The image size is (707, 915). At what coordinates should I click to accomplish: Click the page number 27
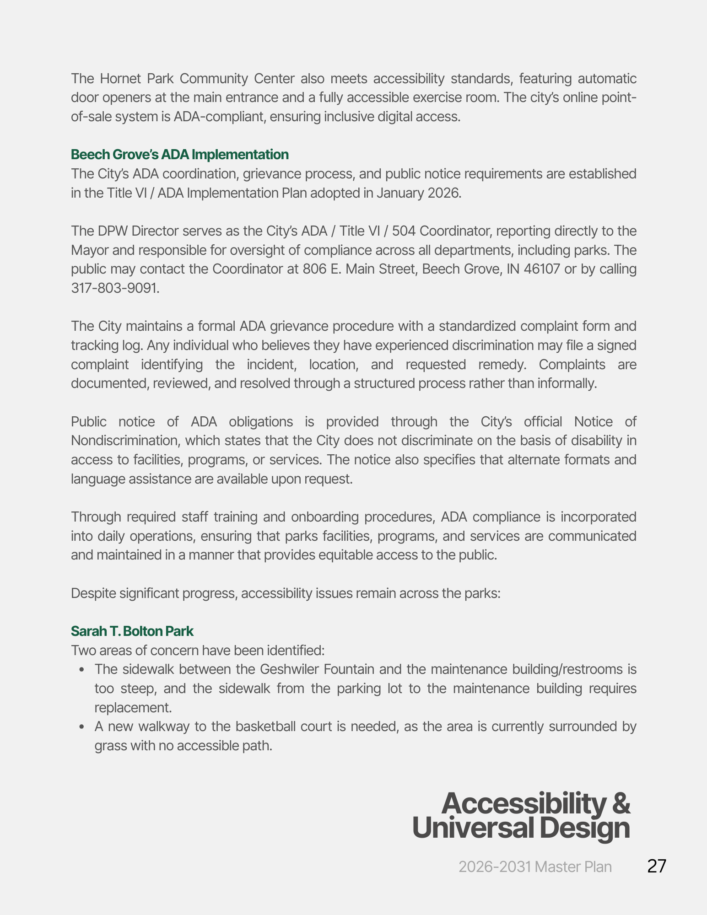[x=657, y=866]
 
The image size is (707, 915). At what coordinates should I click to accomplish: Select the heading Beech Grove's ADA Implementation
[x=179, y=155]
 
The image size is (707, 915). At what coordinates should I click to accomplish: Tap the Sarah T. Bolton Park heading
[x=132, y=631]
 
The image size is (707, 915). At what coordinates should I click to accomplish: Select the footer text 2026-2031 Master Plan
[x=535, y=867]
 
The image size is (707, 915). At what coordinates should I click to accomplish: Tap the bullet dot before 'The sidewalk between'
[x=81, y=670]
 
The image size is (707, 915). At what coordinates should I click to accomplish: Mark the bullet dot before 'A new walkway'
[x=81, y=727]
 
